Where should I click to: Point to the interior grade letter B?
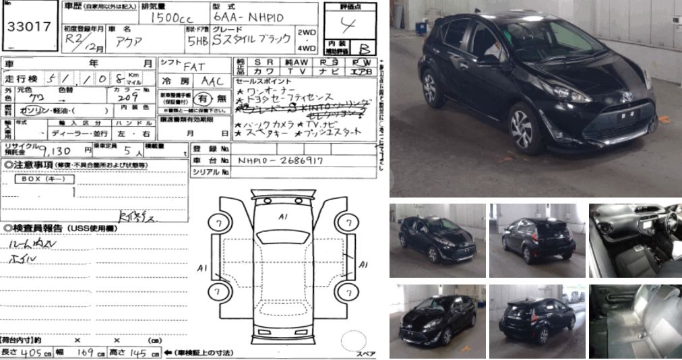(x=364, y=49)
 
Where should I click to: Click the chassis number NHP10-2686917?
(x=280, y=161)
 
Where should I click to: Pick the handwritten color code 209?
(x=126, y=96)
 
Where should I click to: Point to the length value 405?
(x=27, y=353)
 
